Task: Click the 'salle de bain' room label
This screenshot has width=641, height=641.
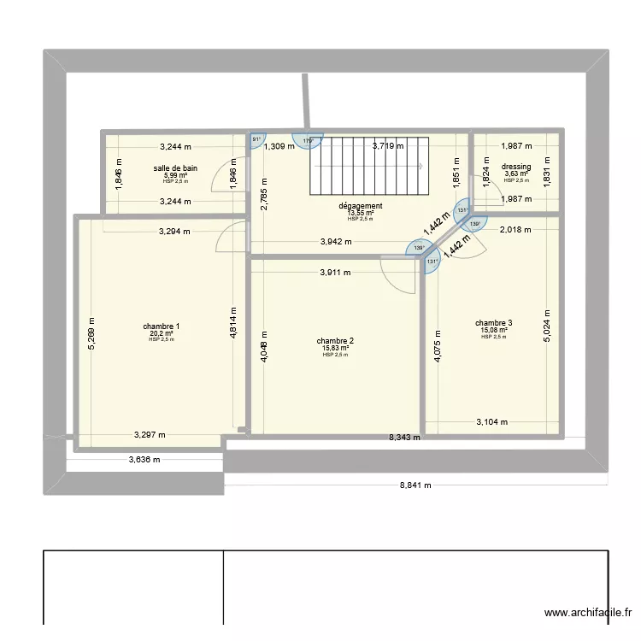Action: click(x=175, y=168)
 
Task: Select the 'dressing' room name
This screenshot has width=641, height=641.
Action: click(x=516, y=167)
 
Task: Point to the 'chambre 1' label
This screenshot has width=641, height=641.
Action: click(x=161, y=326)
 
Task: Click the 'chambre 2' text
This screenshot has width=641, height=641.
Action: click(x=335, y=341)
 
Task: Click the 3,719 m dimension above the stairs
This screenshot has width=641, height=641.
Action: click(x=390, y=146)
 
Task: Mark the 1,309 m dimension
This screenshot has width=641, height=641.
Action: click(x=279, y=146)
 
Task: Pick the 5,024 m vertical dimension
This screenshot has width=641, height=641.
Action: click(x=547, y=326)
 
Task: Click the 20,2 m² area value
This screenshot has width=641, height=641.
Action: click(x=161, y=333)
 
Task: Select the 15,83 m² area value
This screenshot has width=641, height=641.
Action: click(x=335, y=348)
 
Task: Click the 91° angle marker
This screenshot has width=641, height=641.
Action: click(x=256, y=140)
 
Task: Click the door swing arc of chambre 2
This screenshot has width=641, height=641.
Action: click(x=392, y=278)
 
